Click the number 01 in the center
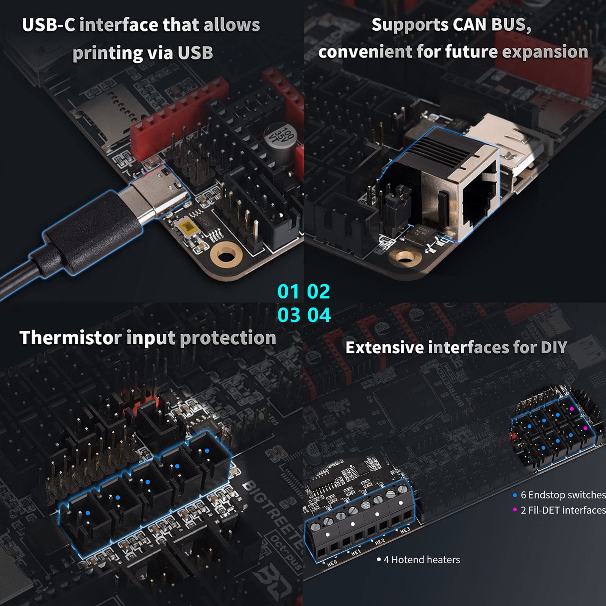click(288, 292)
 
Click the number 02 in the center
click(319, 292)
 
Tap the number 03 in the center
click(289, 315)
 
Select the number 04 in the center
click(319, 315)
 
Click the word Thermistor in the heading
click(70, 338)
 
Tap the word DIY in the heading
click(553, 348)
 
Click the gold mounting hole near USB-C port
click(226, 256)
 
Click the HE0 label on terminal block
click(332, 563)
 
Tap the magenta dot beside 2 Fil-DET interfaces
click(515, 510)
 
